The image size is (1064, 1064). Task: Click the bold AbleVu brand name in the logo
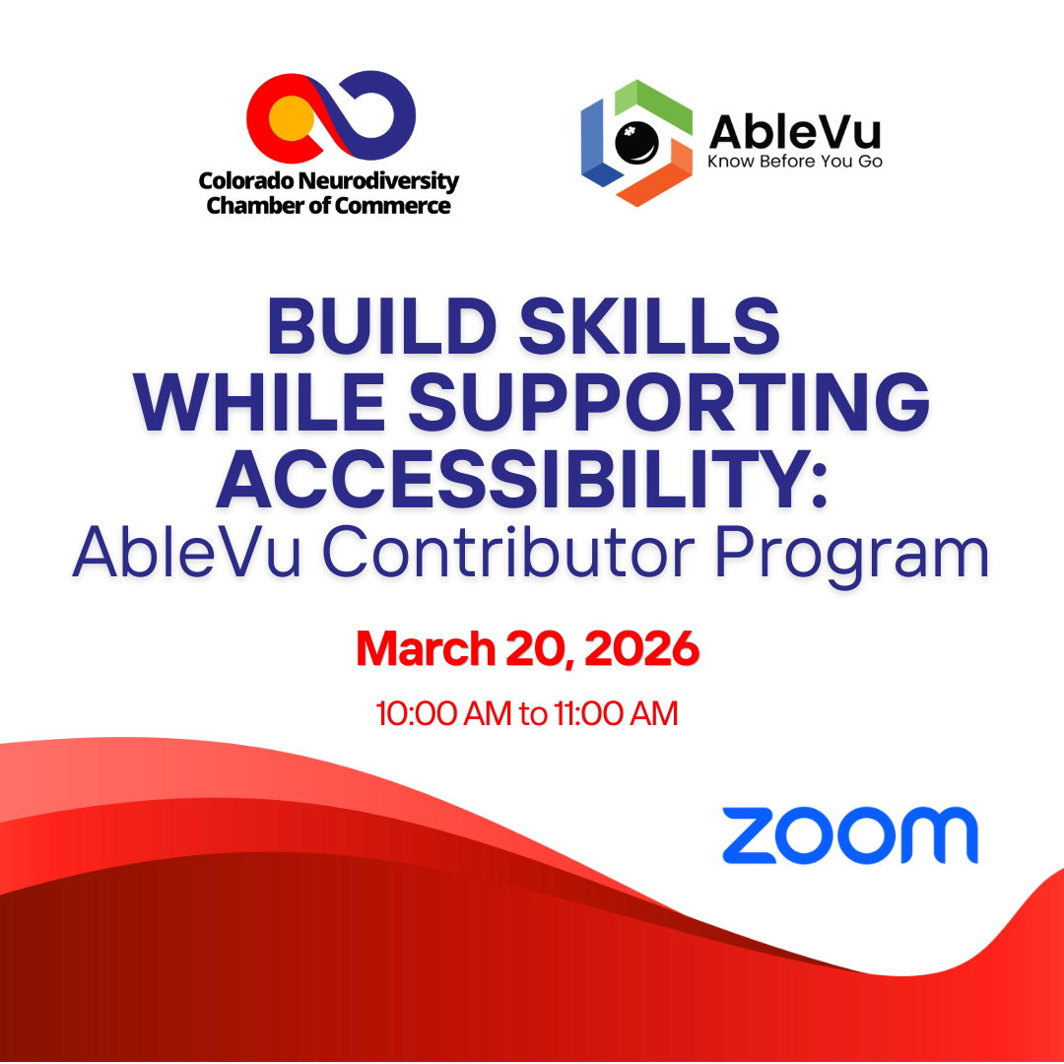pyautogui.click(x=794, y=132)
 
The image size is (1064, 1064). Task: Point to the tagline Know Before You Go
pyautogui.click(x=794, y=161)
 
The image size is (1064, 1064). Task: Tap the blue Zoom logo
pyautogui.click(x=849, y=834)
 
